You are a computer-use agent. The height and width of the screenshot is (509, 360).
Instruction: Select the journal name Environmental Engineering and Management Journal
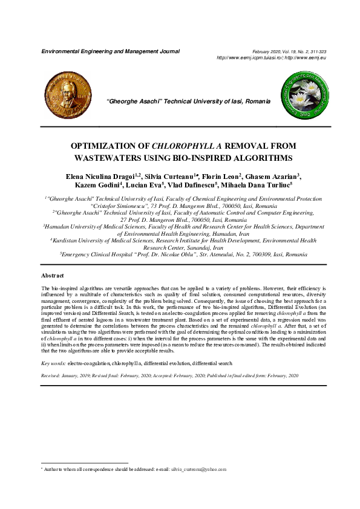110,51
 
